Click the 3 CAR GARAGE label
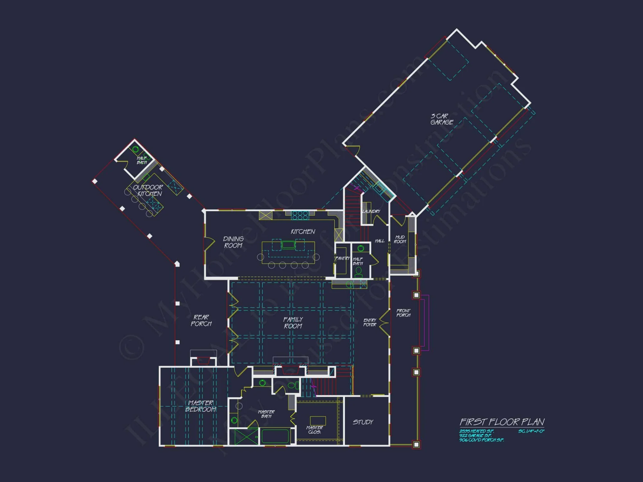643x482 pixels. (x=442, y=119)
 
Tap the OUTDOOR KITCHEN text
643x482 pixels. (x=148, y=190)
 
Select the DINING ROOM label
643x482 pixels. (x=233, y=242)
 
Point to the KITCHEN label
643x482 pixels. (x=303, y=232)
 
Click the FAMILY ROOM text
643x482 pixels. (x=293, y=323)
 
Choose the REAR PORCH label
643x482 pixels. (x=201, y=320)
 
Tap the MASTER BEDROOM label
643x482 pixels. (x=201, y=406)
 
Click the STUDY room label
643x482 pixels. (x=363, y=422)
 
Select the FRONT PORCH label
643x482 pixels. (x=403, y=313)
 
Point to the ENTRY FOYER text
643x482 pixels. (x=370, y=322)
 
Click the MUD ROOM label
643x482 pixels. (x=400, y=239)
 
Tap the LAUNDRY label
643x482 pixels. (x=371, y=211)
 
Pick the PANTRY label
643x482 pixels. (x=342, y=258)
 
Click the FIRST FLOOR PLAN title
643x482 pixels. (x=502, y=422)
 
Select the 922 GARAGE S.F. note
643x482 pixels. (x=475, y=436)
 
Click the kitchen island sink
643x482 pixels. (x=288, y=245)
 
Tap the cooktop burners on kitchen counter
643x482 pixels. (x=300, y=215)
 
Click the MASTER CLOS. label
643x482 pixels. (x=314, y=430)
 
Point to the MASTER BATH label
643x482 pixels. (x=266, y=414)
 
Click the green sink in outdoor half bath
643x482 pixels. (x=136, y=149)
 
